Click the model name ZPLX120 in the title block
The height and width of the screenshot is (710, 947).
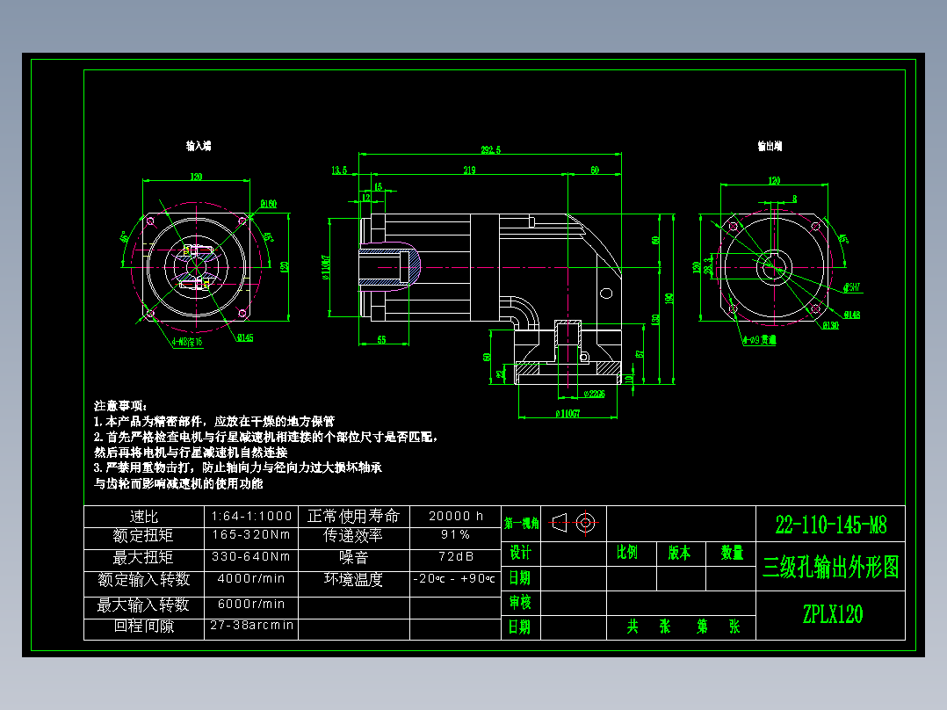tap(831, 614)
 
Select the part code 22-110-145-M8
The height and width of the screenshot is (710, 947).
tap(830, 525)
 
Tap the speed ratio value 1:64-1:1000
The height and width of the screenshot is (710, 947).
tap(251, 516)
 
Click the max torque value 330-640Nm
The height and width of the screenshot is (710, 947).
tap(251, 557)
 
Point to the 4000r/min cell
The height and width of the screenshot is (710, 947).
tap(251, 579)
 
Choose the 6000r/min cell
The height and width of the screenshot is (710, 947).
tap(251, 604)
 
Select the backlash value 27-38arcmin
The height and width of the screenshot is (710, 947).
tap(251, 626)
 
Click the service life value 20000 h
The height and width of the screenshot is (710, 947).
tap(455, 516)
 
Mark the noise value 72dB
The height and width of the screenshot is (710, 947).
tap(455, 557)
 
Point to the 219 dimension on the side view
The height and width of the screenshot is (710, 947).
tap(469, 170)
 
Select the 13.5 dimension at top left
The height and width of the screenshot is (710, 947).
tap(339, 170)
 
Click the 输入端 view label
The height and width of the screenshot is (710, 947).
tap(198, 145)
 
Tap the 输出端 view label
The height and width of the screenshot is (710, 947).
tap(770, 145)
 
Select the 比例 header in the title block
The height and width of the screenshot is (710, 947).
tap(627, 553)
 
